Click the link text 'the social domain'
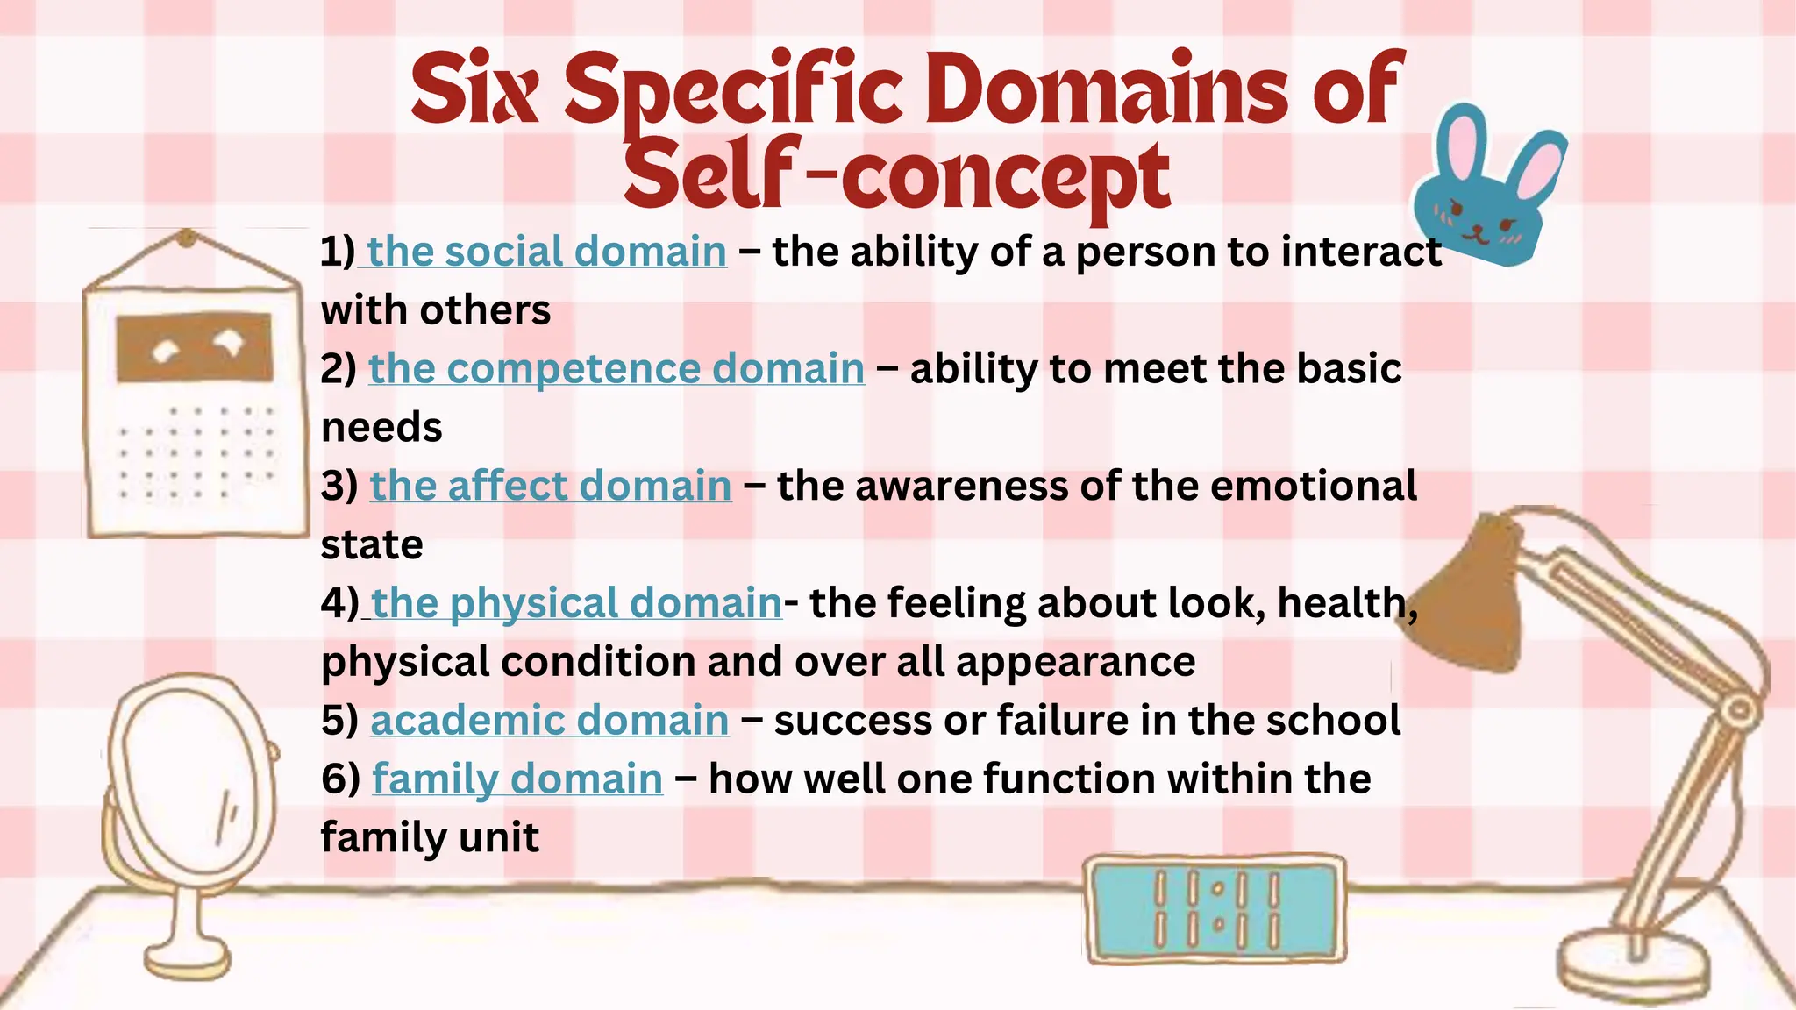(546, 252)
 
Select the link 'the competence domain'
(616, 368)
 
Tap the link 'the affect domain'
(551, 486)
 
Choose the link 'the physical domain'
(576, 603)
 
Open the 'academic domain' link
(550, 720)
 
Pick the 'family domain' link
(517, 779)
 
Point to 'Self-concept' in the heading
(896, 175)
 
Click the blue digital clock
(1215, 910)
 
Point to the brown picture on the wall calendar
(195, 348)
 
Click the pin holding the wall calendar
(187, 237)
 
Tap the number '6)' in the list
(340, 779)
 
